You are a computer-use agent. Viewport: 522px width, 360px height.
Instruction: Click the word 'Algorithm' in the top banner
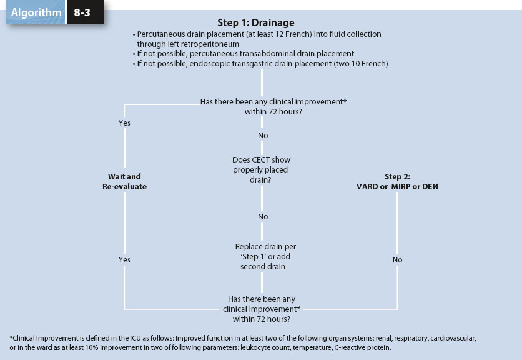point(36,12)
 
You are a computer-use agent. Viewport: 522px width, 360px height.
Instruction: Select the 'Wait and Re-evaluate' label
point(124,181)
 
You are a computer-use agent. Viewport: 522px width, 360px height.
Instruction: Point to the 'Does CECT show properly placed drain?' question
point(261,169)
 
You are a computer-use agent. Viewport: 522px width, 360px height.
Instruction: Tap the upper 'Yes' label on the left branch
point(124,123)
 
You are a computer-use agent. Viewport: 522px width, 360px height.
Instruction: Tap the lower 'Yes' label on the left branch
point(124,259)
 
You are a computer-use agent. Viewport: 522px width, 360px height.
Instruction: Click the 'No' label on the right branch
point(398,259)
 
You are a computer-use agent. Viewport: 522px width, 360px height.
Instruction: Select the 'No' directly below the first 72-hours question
point(263,136)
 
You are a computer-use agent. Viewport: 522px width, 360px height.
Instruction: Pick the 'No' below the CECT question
point(263,217)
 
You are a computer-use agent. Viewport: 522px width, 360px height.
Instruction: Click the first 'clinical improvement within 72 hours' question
point(261,106)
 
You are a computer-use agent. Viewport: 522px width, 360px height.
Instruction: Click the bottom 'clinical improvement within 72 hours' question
point(261,309)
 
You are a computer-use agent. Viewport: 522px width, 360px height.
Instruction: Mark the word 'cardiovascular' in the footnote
point(451,338)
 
